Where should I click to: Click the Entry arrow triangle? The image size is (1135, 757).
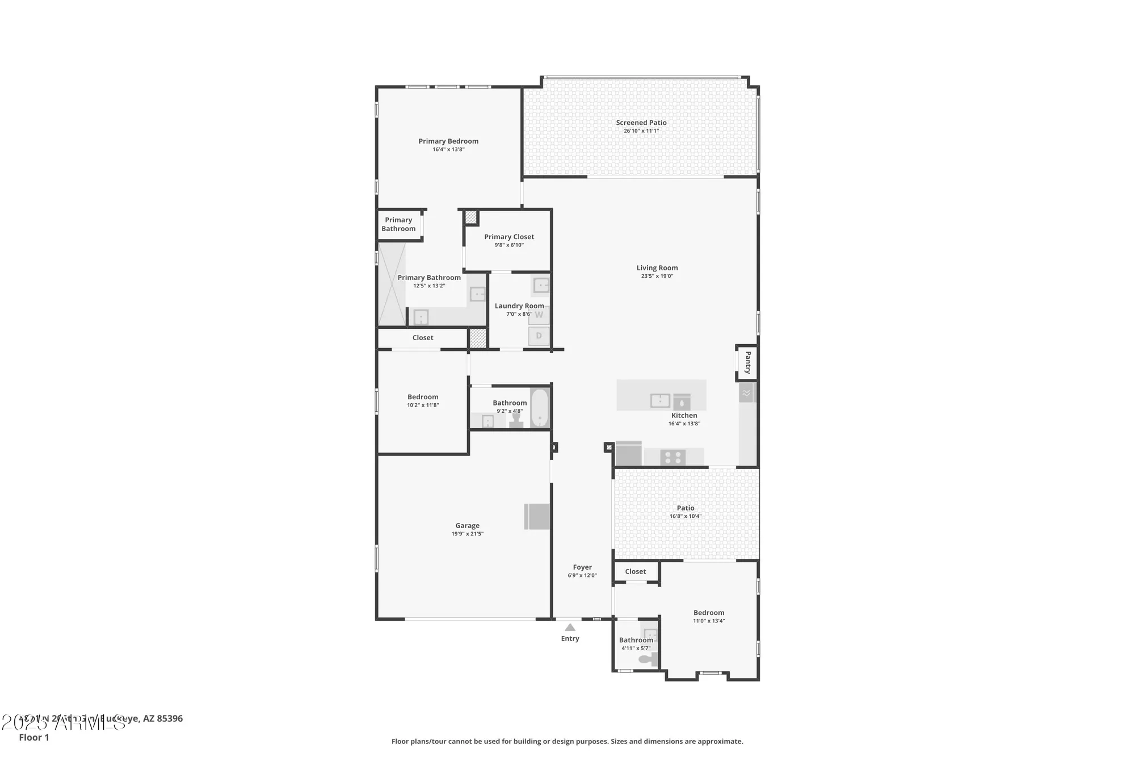(x=570, y=628)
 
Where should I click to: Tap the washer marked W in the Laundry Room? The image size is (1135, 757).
(x=539, y=315)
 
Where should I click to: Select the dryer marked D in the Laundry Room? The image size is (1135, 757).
(x=539, y=336)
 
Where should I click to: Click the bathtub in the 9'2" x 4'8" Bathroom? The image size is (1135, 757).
(x=540, y=407)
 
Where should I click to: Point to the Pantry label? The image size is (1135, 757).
(x=747, y=362)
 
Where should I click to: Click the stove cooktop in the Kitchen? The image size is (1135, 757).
(x=673, y=457)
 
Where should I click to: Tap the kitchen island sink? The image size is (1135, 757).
(x=660, y=400)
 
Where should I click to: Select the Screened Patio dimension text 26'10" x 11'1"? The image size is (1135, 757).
(x=641, y=131)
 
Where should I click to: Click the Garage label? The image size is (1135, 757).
(x=467, y=526)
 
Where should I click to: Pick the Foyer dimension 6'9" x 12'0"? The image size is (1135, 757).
(x=582, y=575)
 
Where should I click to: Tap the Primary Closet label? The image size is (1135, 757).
(x=509, y=237)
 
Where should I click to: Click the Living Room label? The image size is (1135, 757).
(x=657, y=268)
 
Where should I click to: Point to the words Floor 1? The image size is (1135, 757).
(x=34, y=738)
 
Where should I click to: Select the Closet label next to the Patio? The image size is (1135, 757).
(x=635, y=572)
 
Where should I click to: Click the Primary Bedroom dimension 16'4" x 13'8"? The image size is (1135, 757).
(x=448, y=149)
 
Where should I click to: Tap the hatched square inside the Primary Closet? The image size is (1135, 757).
(x=471, y=217)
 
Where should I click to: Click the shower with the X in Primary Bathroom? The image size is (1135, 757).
(x=392, y=284)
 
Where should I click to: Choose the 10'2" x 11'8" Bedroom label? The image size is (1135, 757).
(x=423, y=397)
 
